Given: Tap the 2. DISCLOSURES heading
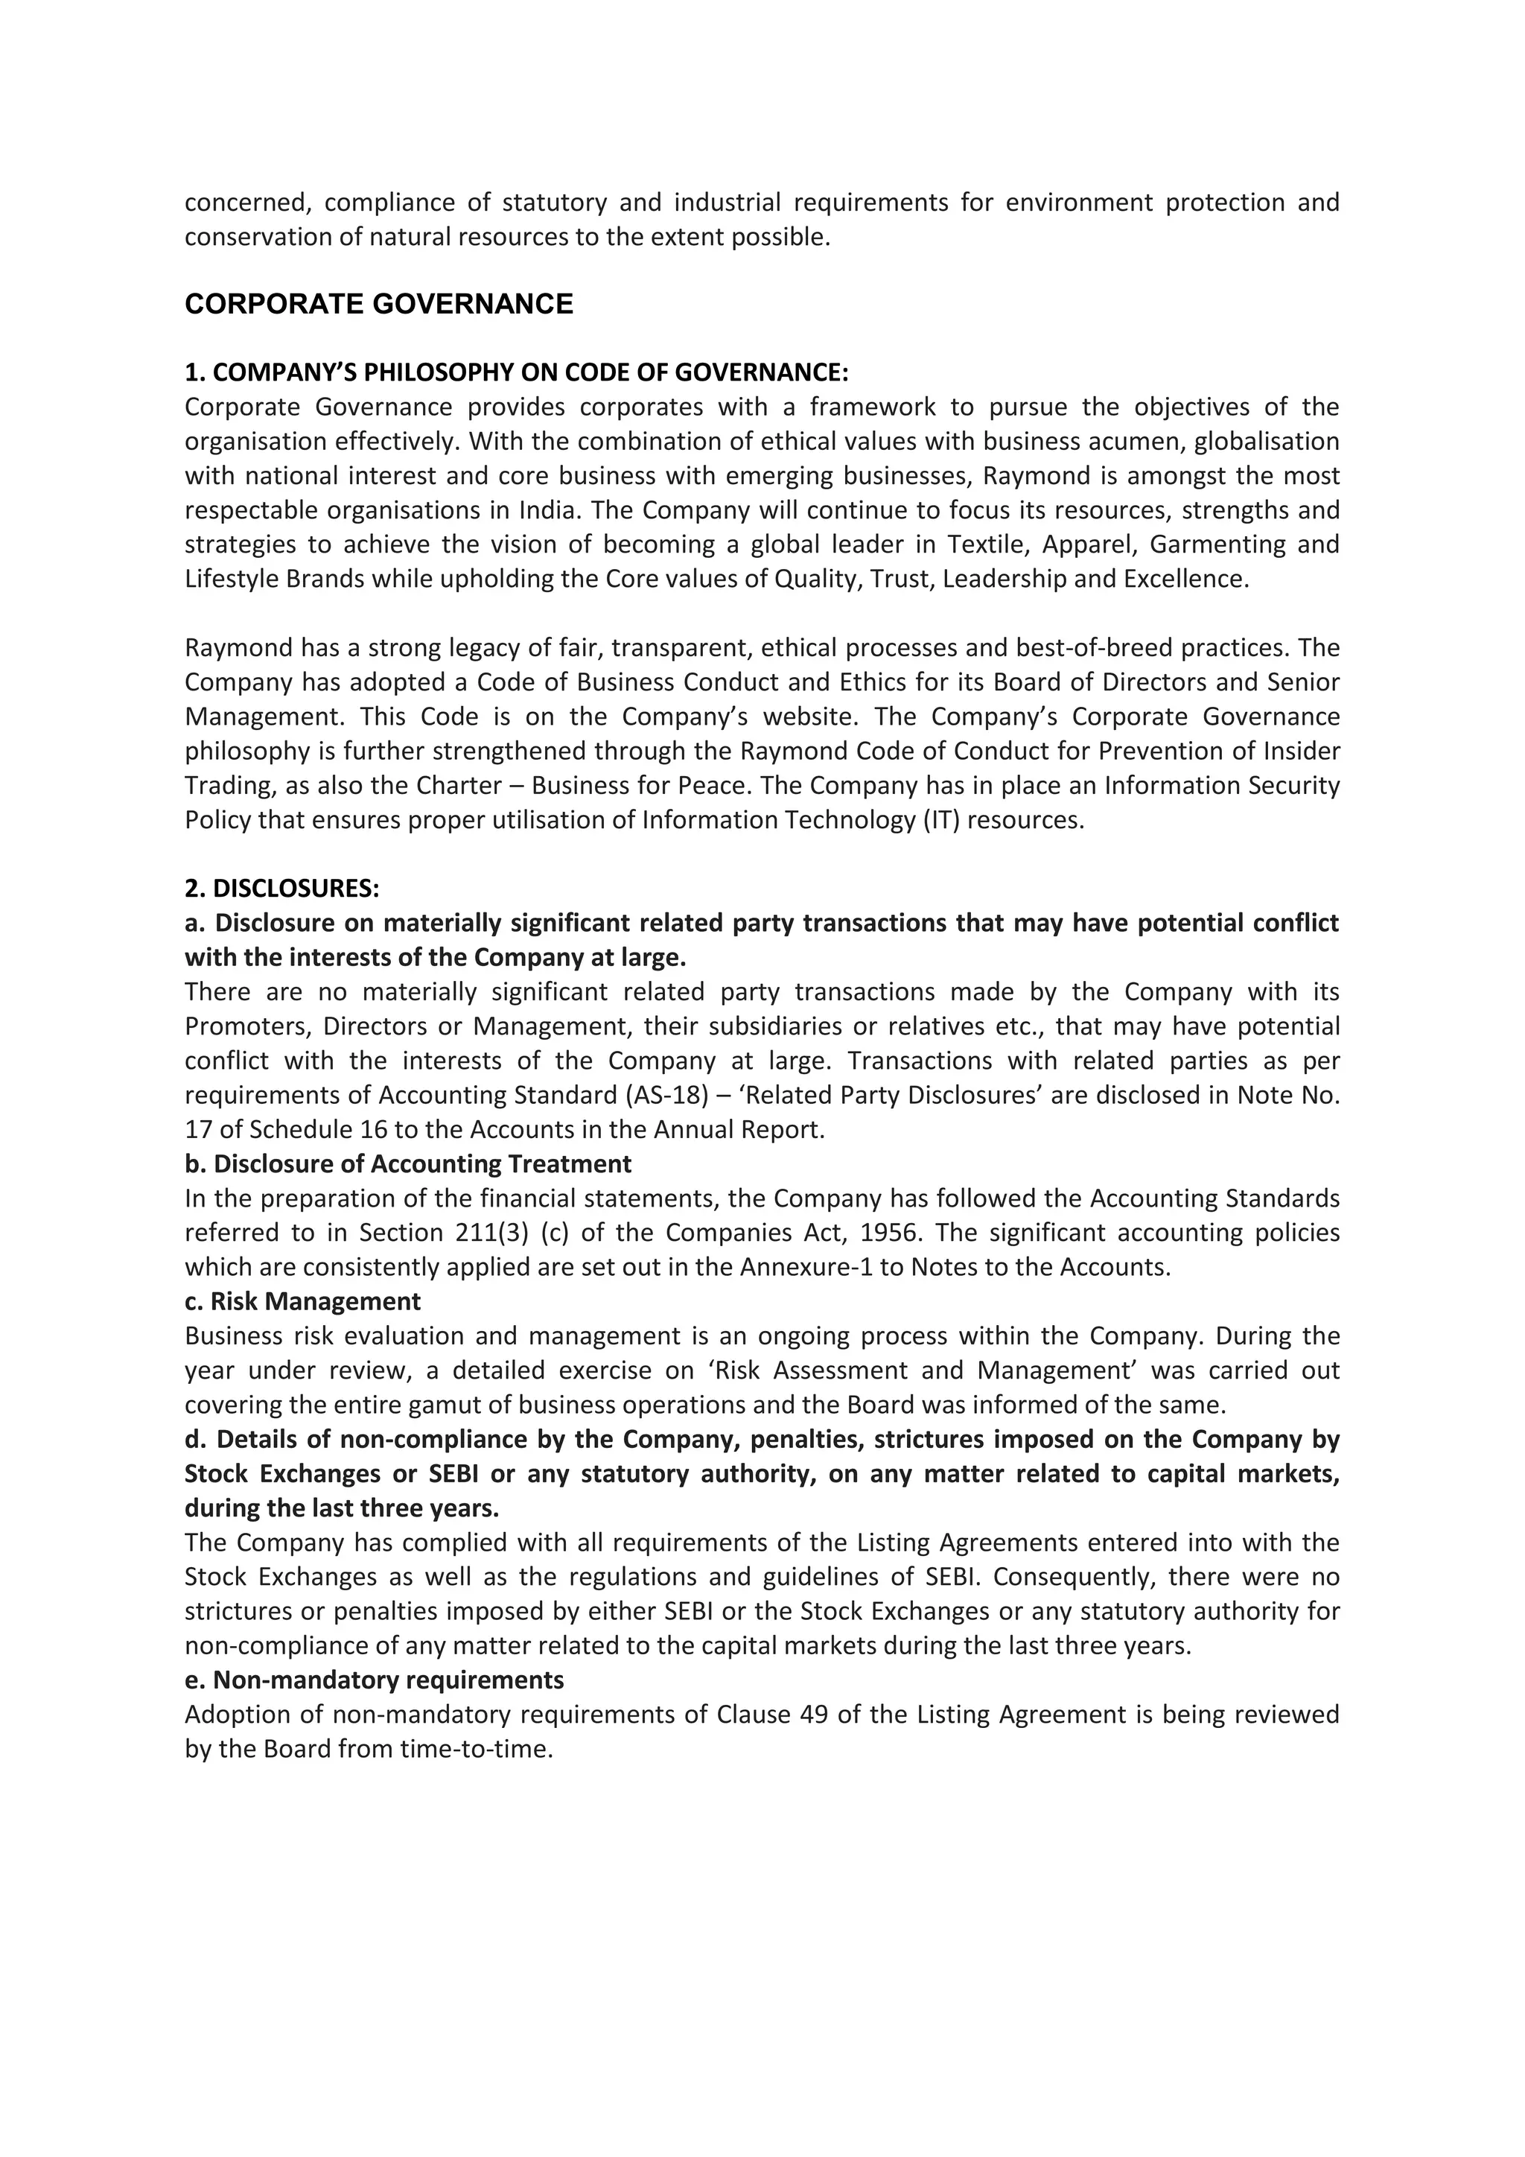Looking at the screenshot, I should (281, 889).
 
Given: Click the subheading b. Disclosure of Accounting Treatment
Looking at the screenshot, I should (407, 1164).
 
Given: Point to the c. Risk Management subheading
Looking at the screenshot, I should (302, 1302).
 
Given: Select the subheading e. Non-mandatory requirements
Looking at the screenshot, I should (374, 1680).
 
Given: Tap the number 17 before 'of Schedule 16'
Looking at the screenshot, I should (198, 1130).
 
